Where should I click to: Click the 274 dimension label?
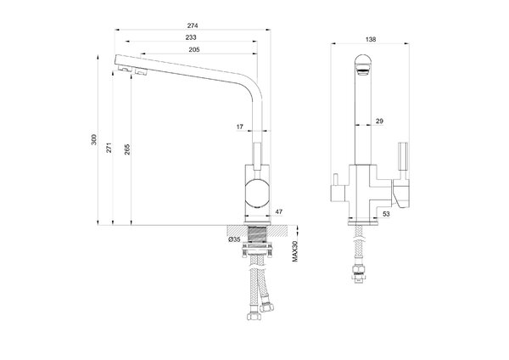click(x=193, y=25)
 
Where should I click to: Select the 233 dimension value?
click(x=191, y=37)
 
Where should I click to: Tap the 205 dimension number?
click(x=194, y=49)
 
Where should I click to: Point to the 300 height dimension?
click(x=94, y=139)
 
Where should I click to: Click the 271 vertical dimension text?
click(x=109, y=148)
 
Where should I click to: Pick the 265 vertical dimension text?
click(x=127, y=149)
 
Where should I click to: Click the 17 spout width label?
click(x=239, y=127)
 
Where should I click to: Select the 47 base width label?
click(x=279, y=212)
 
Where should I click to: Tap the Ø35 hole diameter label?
click(x=234, y=239)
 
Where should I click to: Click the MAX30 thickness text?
click(x=294, y=251)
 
